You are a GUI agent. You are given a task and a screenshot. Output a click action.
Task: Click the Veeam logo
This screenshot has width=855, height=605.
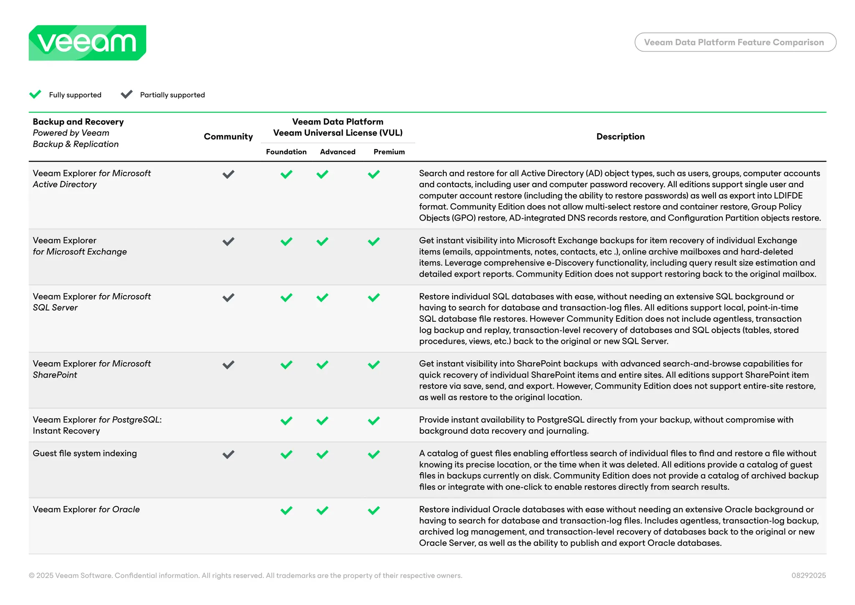pos(87,43)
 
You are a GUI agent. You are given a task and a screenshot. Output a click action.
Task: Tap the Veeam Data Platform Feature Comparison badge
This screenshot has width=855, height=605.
pos(735,42)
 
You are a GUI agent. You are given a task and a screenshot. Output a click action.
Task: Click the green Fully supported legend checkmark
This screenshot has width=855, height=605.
pos(35,94)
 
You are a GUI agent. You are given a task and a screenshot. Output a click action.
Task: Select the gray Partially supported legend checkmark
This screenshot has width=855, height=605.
pos(126,94)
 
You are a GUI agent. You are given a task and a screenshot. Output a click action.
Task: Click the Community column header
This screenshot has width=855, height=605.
pos(228,137)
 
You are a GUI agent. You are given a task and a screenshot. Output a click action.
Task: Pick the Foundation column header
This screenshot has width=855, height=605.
pos(286,152)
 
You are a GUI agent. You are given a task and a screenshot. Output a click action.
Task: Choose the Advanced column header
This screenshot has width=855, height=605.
pos(337,152)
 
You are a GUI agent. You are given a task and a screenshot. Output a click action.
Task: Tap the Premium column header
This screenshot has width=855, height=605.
pos(389,152)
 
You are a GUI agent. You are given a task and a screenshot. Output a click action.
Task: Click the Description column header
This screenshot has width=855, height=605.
pos(620,137)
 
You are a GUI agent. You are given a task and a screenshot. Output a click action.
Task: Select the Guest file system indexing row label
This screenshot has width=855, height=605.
pos(85,453)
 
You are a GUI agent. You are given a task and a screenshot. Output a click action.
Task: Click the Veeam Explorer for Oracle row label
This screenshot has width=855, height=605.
pos(86,509)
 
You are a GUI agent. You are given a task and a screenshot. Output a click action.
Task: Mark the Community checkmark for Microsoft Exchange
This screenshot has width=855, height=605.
pos(228,241)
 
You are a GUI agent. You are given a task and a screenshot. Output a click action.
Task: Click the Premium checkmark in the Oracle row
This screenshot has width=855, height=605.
pos(374,510)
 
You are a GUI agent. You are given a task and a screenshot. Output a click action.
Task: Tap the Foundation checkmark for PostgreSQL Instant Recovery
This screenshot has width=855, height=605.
pos(286,421)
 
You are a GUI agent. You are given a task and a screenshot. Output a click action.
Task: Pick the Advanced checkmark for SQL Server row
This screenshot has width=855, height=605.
pos(322,297)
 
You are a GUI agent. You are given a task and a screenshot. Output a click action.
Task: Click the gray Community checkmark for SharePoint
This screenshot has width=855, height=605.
pos(228,365)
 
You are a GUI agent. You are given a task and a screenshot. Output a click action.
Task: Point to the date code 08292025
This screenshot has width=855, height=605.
pos(808,575)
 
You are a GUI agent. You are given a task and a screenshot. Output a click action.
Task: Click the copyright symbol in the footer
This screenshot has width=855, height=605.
pos(32,576)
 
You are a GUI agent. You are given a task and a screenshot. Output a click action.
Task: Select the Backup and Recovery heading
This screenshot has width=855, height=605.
pos(78,122)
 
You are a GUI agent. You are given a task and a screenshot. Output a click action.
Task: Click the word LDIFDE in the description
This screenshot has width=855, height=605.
pos(788,196)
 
